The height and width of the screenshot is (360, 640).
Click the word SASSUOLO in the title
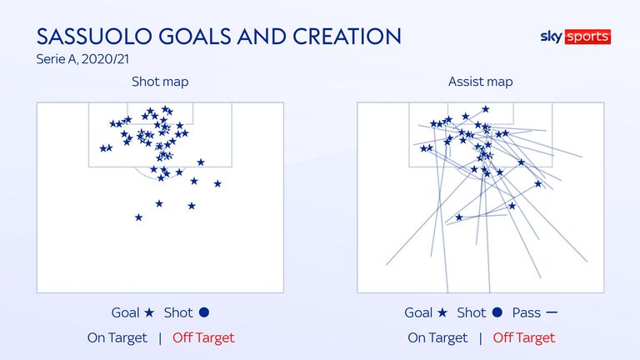tap(95, 37)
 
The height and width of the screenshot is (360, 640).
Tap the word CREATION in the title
tap(347, 37)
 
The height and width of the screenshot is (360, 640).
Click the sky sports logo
tap(576, 37)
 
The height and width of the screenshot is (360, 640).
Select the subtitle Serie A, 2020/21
tap(82, 59)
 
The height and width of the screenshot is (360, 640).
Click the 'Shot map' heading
tap(160, 82)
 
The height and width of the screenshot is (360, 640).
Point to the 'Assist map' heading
tap(480, 82)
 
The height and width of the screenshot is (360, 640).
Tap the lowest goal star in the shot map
tap(139, 217)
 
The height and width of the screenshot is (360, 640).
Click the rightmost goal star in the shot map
tap(217, 183)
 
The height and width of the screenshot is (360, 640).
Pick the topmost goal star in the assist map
tap(485, 109)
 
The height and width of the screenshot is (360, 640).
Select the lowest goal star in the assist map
tap(459, 217)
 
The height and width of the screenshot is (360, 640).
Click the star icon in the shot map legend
tap(149, 312)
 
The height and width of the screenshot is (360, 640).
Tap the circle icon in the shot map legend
tap(204, 312)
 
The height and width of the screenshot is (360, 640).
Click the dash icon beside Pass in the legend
tap(552, 312)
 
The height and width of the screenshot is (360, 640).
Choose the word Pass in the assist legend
tap(527, 313)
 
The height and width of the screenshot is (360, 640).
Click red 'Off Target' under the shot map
tap(203, 338)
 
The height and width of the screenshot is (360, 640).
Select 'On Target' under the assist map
tap(437, 338)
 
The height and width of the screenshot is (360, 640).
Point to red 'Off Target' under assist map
tap(523, 338)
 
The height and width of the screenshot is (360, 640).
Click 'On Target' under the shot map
tap(117, 338)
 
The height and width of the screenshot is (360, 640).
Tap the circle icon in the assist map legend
tap(497, 312)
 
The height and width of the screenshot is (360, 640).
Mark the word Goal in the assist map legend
tap(418, 313)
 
